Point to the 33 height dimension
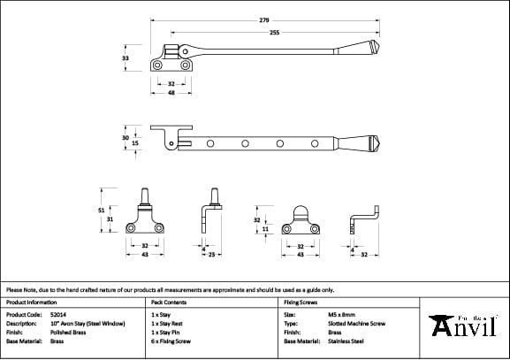(x=126, y=57)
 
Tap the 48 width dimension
(x=171, y=92)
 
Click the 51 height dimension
(x=102, y=210)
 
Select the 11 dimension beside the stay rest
(x=265, y=228)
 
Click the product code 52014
(x=59, y=314)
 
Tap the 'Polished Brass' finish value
(x=69, y=332)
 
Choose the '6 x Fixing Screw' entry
(x=171, y=341)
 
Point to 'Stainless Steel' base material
(x=346, y=341)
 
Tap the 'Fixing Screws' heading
(x=300, y=303)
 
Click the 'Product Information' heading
(x=31, y=303)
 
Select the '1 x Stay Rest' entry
(x=168, y=323)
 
